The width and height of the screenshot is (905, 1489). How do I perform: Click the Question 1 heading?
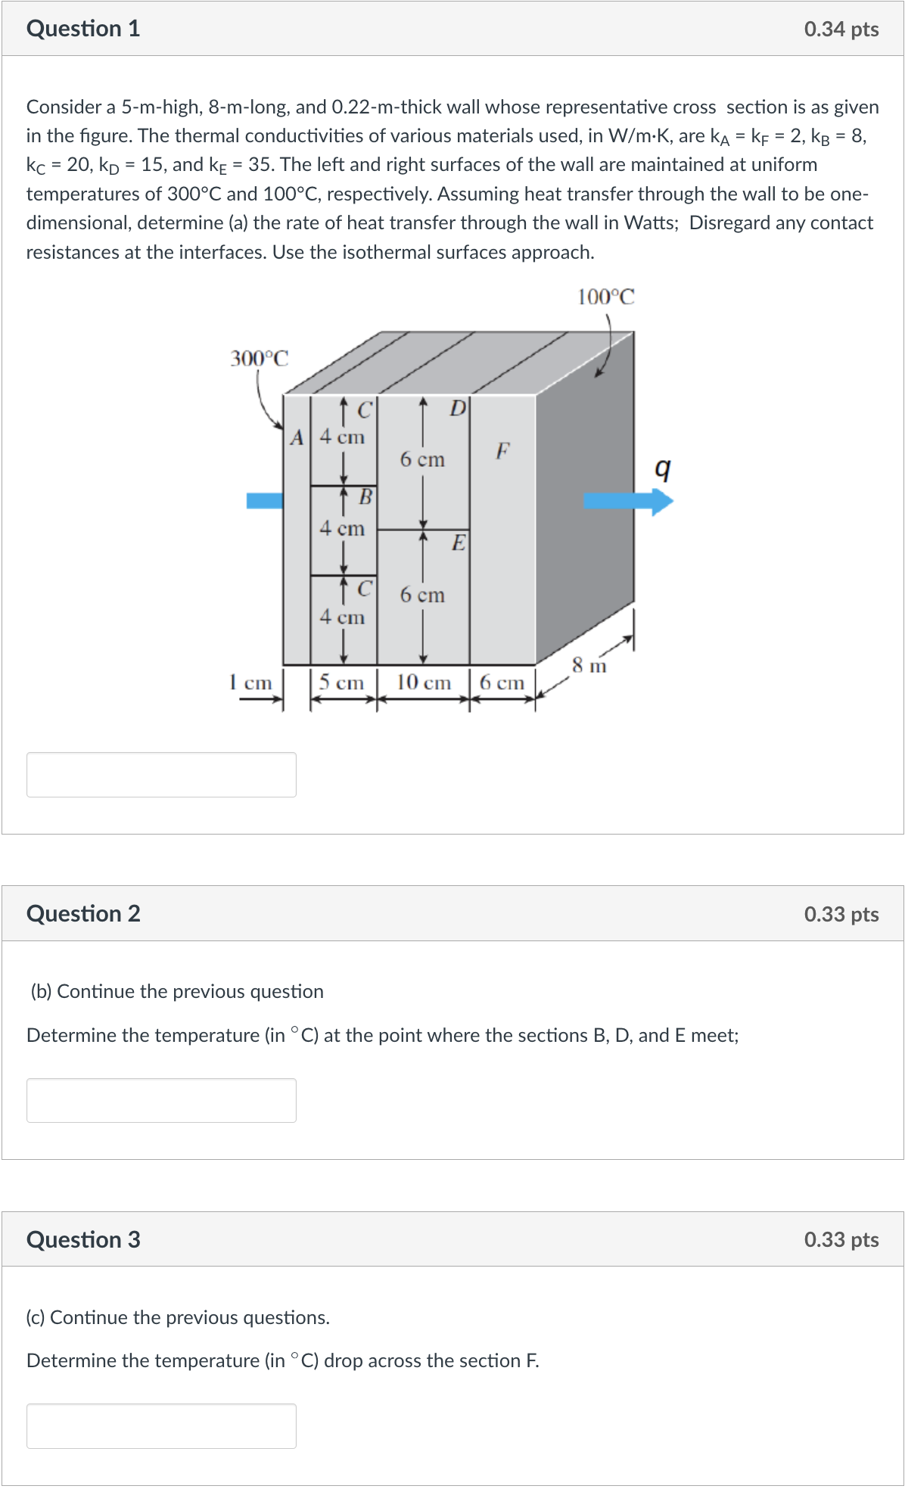(x=83, y=29)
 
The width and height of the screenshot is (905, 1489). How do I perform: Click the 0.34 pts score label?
(x=841, y=30)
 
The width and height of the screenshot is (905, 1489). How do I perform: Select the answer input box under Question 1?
(x=161, y=774)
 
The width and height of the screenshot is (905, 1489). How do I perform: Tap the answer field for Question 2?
(x=161, y=1100)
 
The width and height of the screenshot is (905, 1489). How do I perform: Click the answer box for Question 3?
(x=161, y=1425)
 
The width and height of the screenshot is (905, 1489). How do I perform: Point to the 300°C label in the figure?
(x=259, y=358)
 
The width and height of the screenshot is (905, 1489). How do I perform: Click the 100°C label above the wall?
(x=606, y=297)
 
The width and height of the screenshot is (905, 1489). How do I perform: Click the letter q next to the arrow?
(x=662, y=469)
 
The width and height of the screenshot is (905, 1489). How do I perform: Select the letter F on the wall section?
(x=502, y=451)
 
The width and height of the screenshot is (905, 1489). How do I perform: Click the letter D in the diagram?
(x=457, y=409)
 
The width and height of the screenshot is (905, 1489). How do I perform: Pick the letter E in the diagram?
(x=458, y=542)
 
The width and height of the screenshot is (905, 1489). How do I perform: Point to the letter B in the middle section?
(x=365, y=497)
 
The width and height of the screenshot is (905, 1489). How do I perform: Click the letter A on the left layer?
(x=297, y=437)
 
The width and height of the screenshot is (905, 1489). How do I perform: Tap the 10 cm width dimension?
(x=423, y=682)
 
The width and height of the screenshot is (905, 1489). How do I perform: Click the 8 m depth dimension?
(x=589, y=666)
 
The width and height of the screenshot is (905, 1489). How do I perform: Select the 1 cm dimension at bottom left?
(x=250, y=682)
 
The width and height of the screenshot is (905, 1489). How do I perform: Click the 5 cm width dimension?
(x=341, y=682)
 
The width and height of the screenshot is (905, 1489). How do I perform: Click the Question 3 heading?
(x=83, y=1239)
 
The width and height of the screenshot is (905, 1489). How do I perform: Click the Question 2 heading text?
(x=83, y=913)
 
